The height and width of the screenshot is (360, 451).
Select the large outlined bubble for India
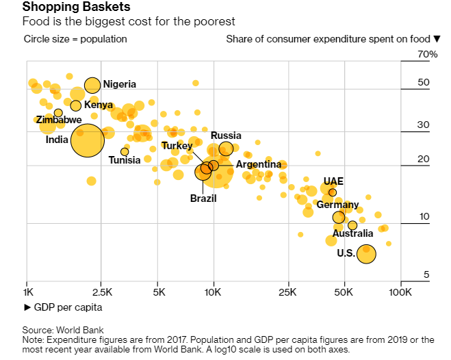point(87,140)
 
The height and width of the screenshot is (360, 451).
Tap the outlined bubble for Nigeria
point(92,85)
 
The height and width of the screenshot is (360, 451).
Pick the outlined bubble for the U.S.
point(367,253)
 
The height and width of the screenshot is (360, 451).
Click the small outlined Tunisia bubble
point(125,151)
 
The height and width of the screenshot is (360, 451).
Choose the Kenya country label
point(99,105)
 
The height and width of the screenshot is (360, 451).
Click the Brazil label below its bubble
point(203,198)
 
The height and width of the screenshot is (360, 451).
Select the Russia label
point(226,136)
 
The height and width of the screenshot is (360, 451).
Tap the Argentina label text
point(258,164)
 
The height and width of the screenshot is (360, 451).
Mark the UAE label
point(333,181)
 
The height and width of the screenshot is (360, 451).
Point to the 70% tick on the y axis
point(428,54)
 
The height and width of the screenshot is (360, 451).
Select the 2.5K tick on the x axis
point(101,292)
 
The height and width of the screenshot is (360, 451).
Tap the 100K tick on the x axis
point(400,292)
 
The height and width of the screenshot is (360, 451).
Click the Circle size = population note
point(75,39)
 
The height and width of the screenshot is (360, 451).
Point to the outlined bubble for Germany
point(339,218)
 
